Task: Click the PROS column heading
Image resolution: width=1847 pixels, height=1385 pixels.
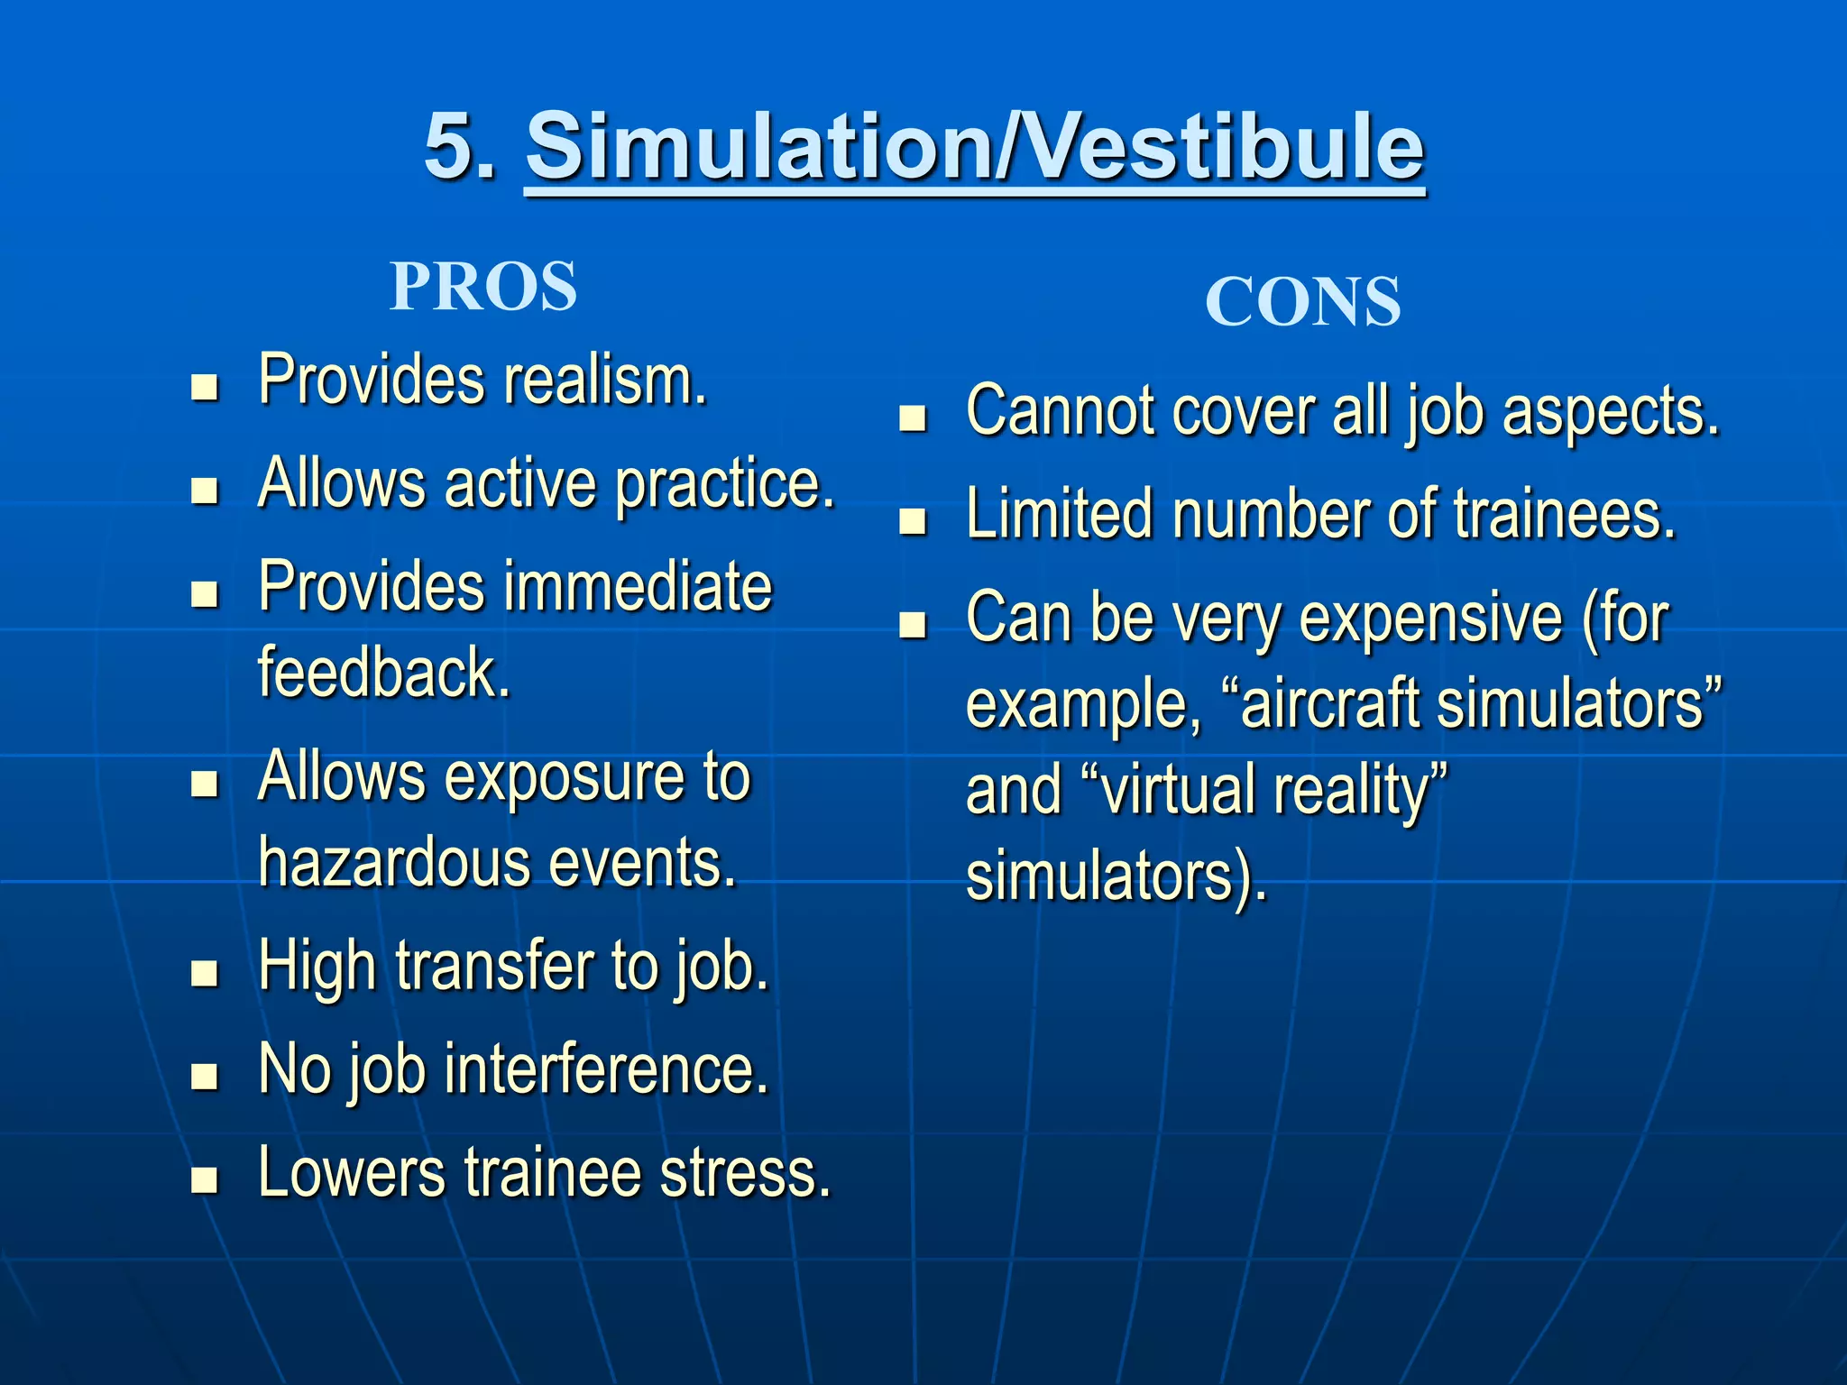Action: tap(483, 287)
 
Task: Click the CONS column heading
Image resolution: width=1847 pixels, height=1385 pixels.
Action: tap(1302, 302)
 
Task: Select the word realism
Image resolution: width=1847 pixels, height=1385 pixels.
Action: tap(604, 381)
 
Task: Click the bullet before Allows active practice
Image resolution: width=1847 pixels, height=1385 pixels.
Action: tap(206, 491)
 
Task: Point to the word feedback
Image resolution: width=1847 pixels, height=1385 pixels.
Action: tap(384, 673)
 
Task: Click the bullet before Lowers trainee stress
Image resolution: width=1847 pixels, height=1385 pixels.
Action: tap(206, 1179)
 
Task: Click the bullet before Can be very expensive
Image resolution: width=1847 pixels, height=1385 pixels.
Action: tap(914, 625)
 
